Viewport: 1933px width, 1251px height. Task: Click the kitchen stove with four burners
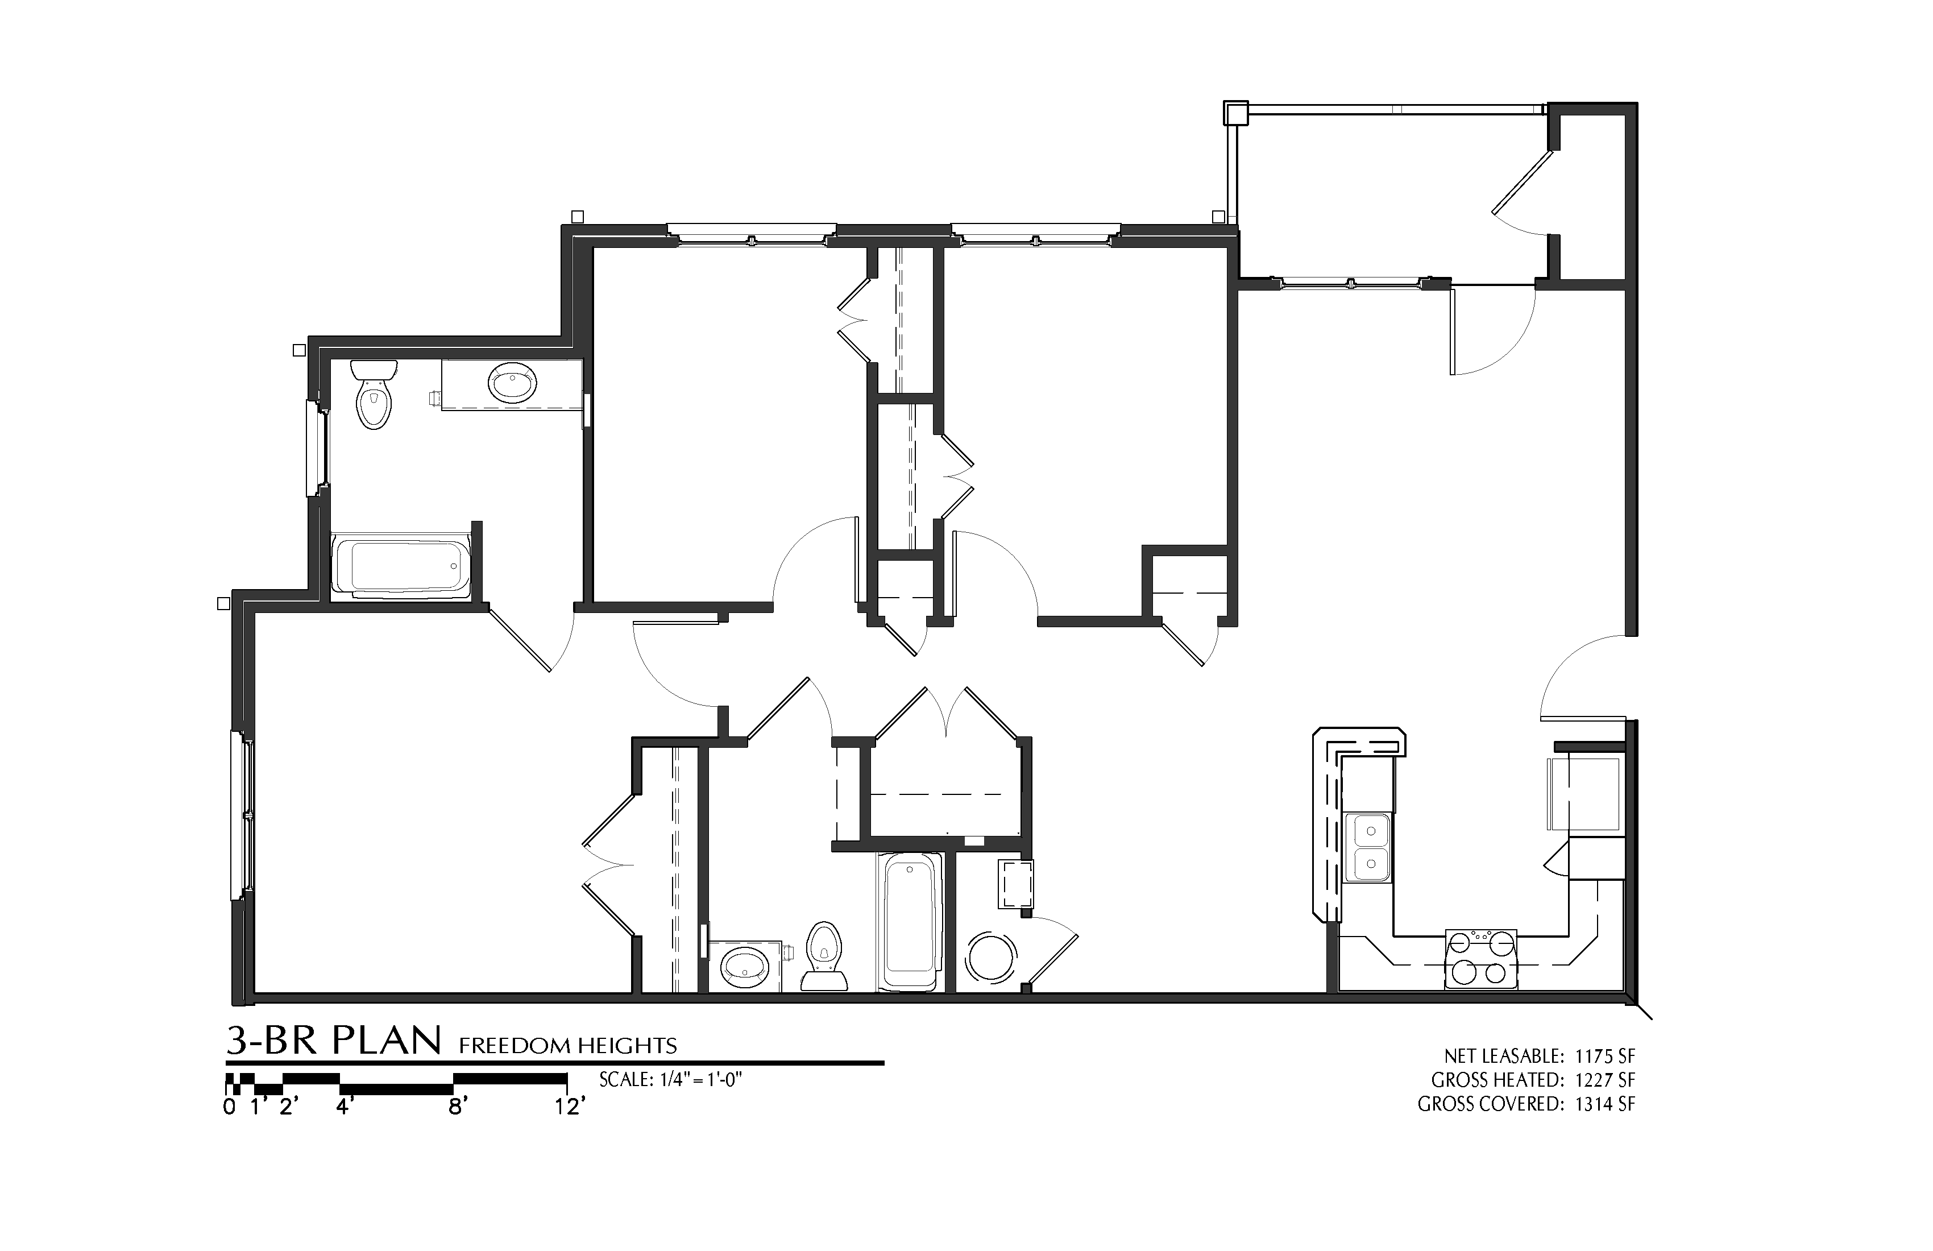pyautogui.click(x=1480, y=959)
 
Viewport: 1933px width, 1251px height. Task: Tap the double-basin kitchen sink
pyautogui.click(x=1368, y=847)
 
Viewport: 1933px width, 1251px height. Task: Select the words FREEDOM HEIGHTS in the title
pyautogui.click(x=568, y=1046)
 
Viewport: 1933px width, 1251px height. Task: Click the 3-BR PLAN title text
pyautogui.click(x=334, y=1041)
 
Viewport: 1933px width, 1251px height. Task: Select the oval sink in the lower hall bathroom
pyautogui.click(x=745, y=966)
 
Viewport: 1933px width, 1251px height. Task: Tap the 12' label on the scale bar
pyautogui.click(x=569, y=1107)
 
